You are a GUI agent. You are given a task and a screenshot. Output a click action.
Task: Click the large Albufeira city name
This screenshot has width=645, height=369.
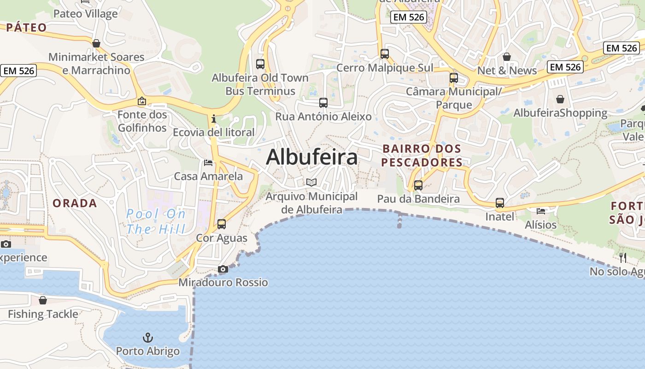[x=312, y=157]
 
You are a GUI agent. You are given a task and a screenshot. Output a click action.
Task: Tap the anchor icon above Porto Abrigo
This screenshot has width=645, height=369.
[x=147, y=338]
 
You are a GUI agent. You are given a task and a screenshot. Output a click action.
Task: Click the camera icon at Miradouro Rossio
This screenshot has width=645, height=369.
[x=223, y=269]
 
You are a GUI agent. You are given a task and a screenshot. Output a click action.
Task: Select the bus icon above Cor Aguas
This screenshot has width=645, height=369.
[x=222, y=224]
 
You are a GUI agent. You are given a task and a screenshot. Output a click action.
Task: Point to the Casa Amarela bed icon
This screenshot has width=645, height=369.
[x=208, y=163]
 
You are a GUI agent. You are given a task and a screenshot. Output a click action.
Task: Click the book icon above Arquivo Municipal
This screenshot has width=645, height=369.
[x=312, y=182]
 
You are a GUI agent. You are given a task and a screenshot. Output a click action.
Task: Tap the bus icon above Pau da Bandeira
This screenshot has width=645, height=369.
[x=418, y=185]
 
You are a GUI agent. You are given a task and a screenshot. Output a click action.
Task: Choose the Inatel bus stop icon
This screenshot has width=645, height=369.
[x=500, y=202]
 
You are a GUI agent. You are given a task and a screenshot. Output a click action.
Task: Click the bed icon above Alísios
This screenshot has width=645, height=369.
[x=541, y=211]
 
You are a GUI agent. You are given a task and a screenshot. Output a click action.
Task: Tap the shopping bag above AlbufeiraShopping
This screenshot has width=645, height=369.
[x=560, y=99]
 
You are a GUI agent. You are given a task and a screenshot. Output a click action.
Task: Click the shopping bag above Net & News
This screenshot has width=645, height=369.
[x=507, y=57]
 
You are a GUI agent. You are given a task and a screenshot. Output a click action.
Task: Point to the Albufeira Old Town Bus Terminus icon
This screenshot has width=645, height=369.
[x=260, y=64]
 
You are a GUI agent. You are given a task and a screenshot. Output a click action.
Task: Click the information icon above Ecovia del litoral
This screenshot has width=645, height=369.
[x=214, y=119]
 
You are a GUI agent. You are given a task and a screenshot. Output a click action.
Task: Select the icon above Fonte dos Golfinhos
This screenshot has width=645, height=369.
[x=142, y=101]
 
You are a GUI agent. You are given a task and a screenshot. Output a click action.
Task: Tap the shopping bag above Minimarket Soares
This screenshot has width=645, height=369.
[x=96, y=43]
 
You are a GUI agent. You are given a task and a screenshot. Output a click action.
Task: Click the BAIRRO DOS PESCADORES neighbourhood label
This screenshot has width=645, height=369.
[x=422, y=155]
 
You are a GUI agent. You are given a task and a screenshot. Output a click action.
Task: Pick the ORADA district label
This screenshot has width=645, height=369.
[x=75, y=203]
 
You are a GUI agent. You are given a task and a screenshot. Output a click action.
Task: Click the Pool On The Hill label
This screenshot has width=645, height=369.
[x=156, y=221]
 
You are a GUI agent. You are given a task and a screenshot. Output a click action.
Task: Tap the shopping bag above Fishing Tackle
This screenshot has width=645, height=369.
[x=43, y=300]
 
